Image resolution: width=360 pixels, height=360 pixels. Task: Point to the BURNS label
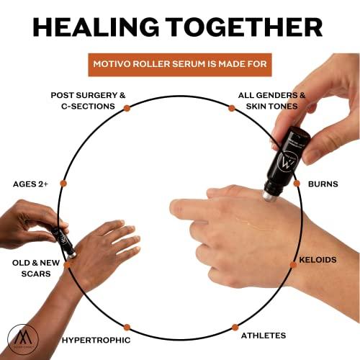[x=323, y=184]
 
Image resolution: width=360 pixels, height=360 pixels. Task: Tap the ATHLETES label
[x=263, y=336]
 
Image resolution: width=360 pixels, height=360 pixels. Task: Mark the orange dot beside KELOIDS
[x=293, y=264]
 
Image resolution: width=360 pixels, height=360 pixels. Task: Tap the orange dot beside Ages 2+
[x=63, y=184]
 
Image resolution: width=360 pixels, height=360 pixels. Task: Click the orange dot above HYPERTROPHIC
[x=127, y=327]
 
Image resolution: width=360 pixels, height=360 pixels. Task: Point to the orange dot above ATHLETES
[x=234, y=327]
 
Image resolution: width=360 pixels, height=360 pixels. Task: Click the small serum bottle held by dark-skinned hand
[x=63, y=240]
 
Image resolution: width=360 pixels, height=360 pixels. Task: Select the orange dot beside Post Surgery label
[x=127, y=107]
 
